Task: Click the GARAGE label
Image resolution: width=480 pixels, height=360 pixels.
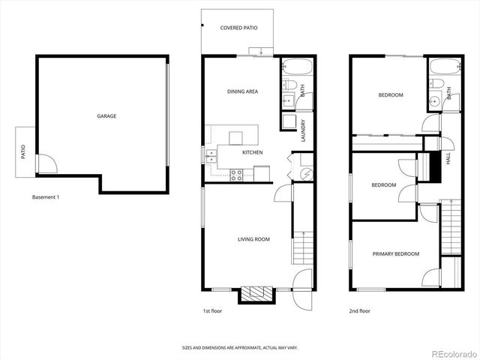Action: click(106, 116)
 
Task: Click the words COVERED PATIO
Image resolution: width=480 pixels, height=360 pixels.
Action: click(238, 28)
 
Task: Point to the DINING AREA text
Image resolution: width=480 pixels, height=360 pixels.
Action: click(242, 91)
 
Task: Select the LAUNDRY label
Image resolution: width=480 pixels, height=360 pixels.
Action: click(303, 131)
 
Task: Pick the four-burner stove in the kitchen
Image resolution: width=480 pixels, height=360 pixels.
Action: click(236, 175)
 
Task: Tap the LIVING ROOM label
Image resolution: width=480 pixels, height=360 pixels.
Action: click(253, 239)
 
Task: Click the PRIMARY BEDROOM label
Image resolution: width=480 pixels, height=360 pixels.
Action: click(395, 254)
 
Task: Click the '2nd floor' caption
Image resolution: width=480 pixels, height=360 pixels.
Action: click(359, 310)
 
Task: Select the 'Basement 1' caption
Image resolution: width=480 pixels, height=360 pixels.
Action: click(45, 197)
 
